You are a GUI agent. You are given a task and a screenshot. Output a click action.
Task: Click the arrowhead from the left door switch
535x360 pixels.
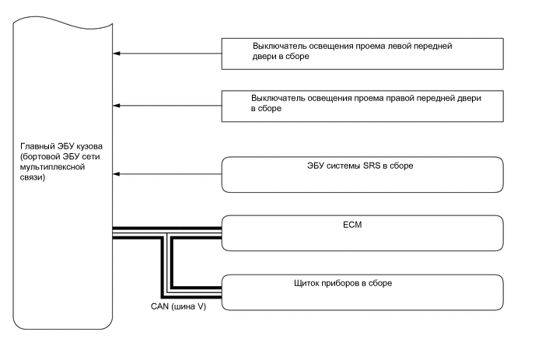click(117, 54)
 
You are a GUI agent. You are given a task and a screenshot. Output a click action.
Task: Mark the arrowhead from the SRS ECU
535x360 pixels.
click(117, 174)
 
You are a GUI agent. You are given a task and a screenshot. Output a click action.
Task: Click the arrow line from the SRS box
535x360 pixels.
click(168, 174)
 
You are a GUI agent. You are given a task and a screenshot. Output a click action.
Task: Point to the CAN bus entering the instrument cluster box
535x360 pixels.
click(198, 293)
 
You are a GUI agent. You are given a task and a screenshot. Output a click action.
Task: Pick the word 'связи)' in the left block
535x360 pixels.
click(34, 178)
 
